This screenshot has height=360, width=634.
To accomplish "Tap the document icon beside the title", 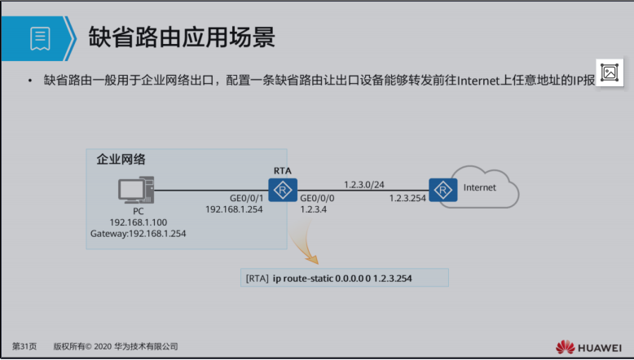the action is [x=41, y=37].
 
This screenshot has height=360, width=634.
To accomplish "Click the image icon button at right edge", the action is [x=610, y=72].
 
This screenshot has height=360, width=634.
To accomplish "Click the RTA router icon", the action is [x=283, y=191].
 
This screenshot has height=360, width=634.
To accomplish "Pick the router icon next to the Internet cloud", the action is [x=442, y=190].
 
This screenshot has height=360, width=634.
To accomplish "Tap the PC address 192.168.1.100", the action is [x=139, y=222].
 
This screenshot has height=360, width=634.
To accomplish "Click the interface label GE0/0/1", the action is [x=248, y=198].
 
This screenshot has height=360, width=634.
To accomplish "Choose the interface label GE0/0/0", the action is [x=317, y=198].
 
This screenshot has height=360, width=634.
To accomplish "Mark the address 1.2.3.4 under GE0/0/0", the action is [x=314, y=209].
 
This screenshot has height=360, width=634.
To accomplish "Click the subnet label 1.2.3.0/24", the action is [x=364, y=183].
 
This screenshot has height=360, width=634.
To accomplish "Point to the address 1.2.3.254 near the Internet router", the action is [x=409, y=198].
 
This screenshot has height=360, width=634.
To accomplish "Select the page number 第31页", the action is [x=24, y=346].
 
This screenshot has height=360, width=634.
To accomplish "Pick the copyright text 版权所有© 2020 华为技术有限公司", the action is [x=115, y=346].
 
